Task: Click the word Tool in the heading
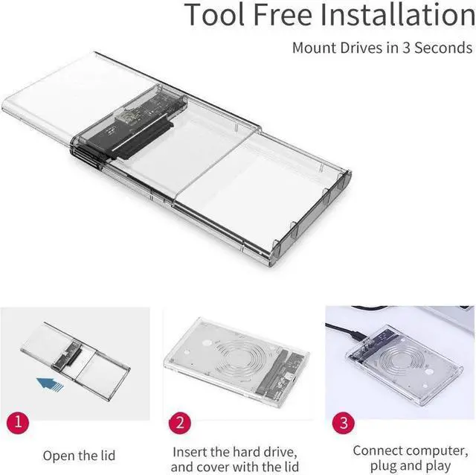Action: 217,15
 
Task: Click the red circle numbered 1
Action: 21,422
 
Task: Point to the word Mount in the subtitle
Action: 312,48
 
